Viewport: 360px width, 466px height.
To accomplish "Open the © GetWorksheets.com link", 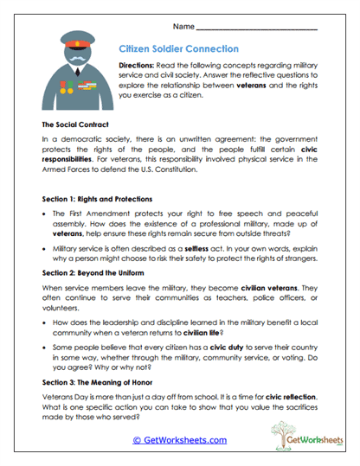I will [x=179, y=440].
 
